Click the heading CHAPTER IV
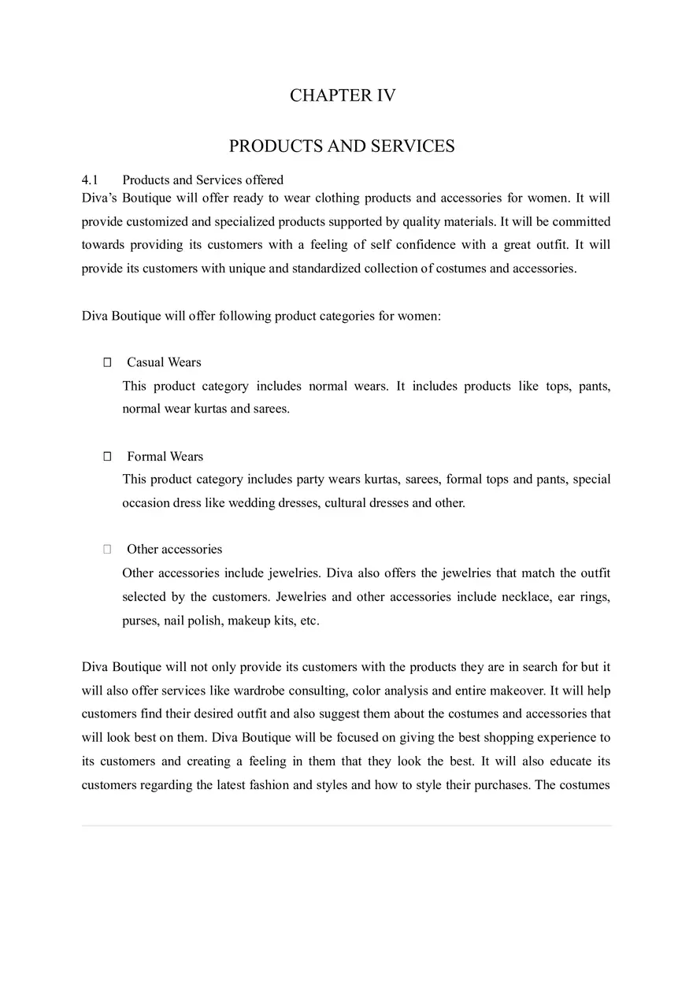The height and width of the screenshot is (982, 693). point(343,96)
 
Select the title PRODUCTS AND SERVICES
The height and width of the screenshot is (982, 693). point(342,146)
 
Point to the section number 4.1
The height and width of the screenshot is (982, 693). point(89,180)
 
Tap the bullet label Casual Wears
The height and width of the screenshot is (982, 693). point(164,362)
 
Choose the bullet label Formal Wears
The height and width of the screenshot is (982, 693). point(165,457)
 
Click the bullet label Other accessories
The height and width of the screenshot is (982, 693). point(174,550)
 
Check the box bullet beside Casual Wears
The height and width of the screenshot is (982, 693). point(107,363)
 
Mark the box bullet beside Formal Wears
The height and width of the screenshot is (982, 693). point(107,457)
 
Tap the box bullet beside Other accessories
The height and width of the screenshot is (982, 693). point(107,550)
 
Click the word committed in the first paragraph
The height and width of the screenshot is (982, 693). point(581,222)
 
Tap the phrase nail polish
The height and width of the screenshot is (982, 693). point(193,621)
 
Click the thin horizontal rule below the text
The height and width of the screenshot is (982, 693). point(346,825)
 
